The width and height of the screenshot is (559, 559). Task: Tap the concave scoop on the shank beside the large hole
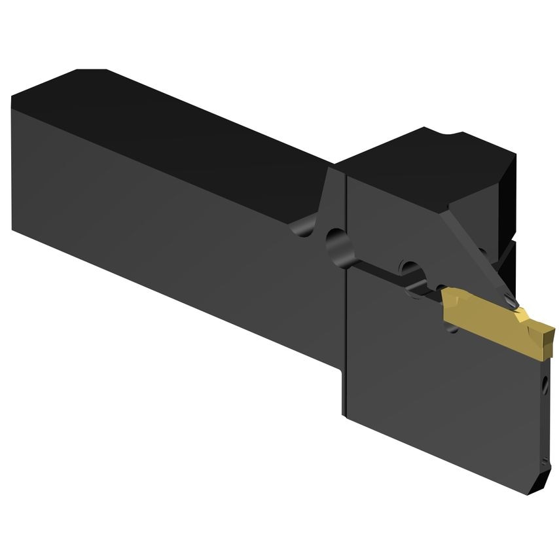(x=304, y=228)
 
